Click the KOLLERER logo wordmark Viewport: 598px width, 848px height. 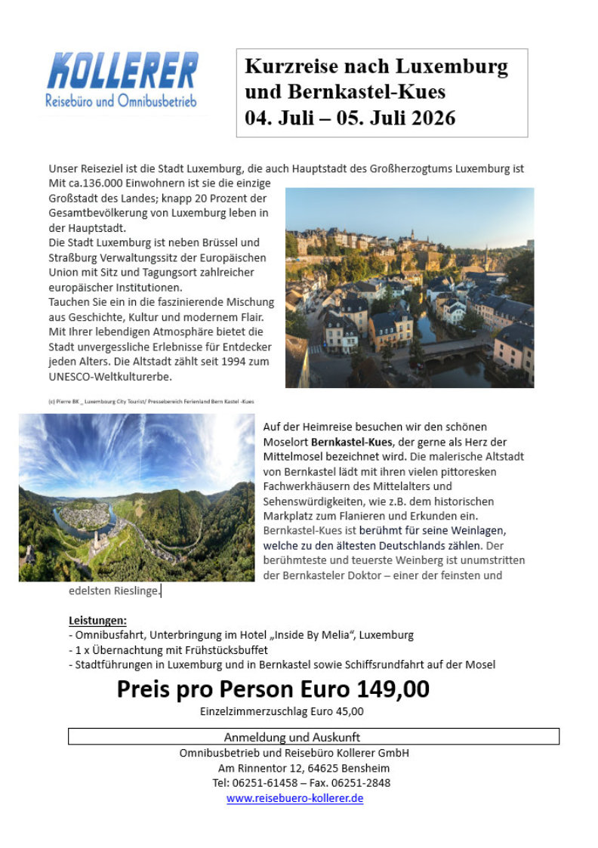pos(122,71)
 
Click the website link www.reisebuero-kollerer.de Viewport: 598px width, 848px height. pos(294,798)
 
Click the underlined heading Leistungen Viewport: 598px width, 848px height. pos(97,621)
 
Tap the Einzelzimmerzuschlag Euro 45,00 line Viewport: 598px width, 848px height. pos(282,711)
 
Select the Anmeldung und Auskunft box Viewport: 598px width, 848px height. pos(313,736)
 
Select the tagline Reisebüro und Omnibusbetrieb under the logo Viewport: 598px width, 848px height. pos(121,101)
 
